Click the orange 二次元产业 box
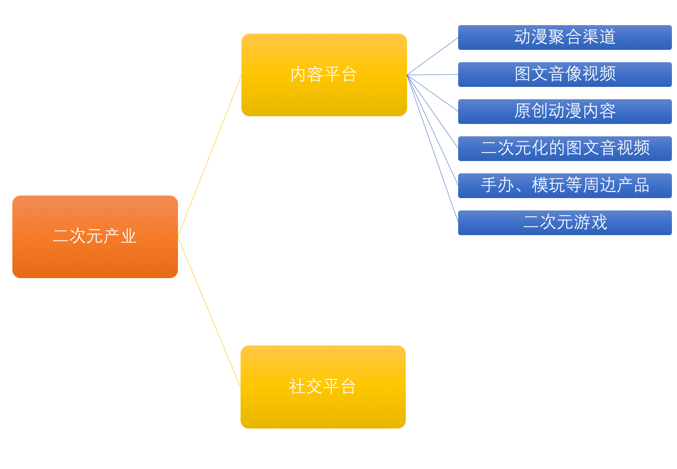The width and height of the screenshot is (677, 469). click(95, 256)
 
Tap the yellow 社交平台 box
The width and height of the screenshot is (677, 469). click(323, 409)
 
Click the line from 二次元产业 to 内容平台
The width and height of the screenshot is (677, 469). click(209, 155)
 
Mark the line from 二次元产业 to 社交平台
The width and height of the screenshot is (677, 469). click(209, 312)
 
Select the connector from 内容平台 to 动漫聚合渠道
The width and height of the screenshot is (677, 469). click(433, 56)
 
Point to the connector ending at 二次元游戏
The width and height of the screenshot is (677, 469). click(433, 149)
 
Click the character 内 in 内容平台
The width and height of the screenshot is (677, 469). click(298, 75)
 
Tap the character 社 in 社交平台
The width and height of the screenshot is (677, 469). click(297, 387)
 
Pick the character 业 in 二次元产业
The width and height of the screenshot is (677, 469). click(128, 236)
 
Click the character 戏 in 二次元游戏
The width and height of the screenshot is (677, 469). click(599, 222)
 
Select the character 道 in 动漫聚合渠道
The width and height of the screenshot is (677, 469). click(608, 37)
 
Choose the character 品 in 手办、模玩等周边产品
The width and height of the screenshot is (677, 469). click(642, 185)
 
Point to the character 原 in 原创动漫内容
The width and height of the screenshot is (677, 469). click(522, 111)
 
